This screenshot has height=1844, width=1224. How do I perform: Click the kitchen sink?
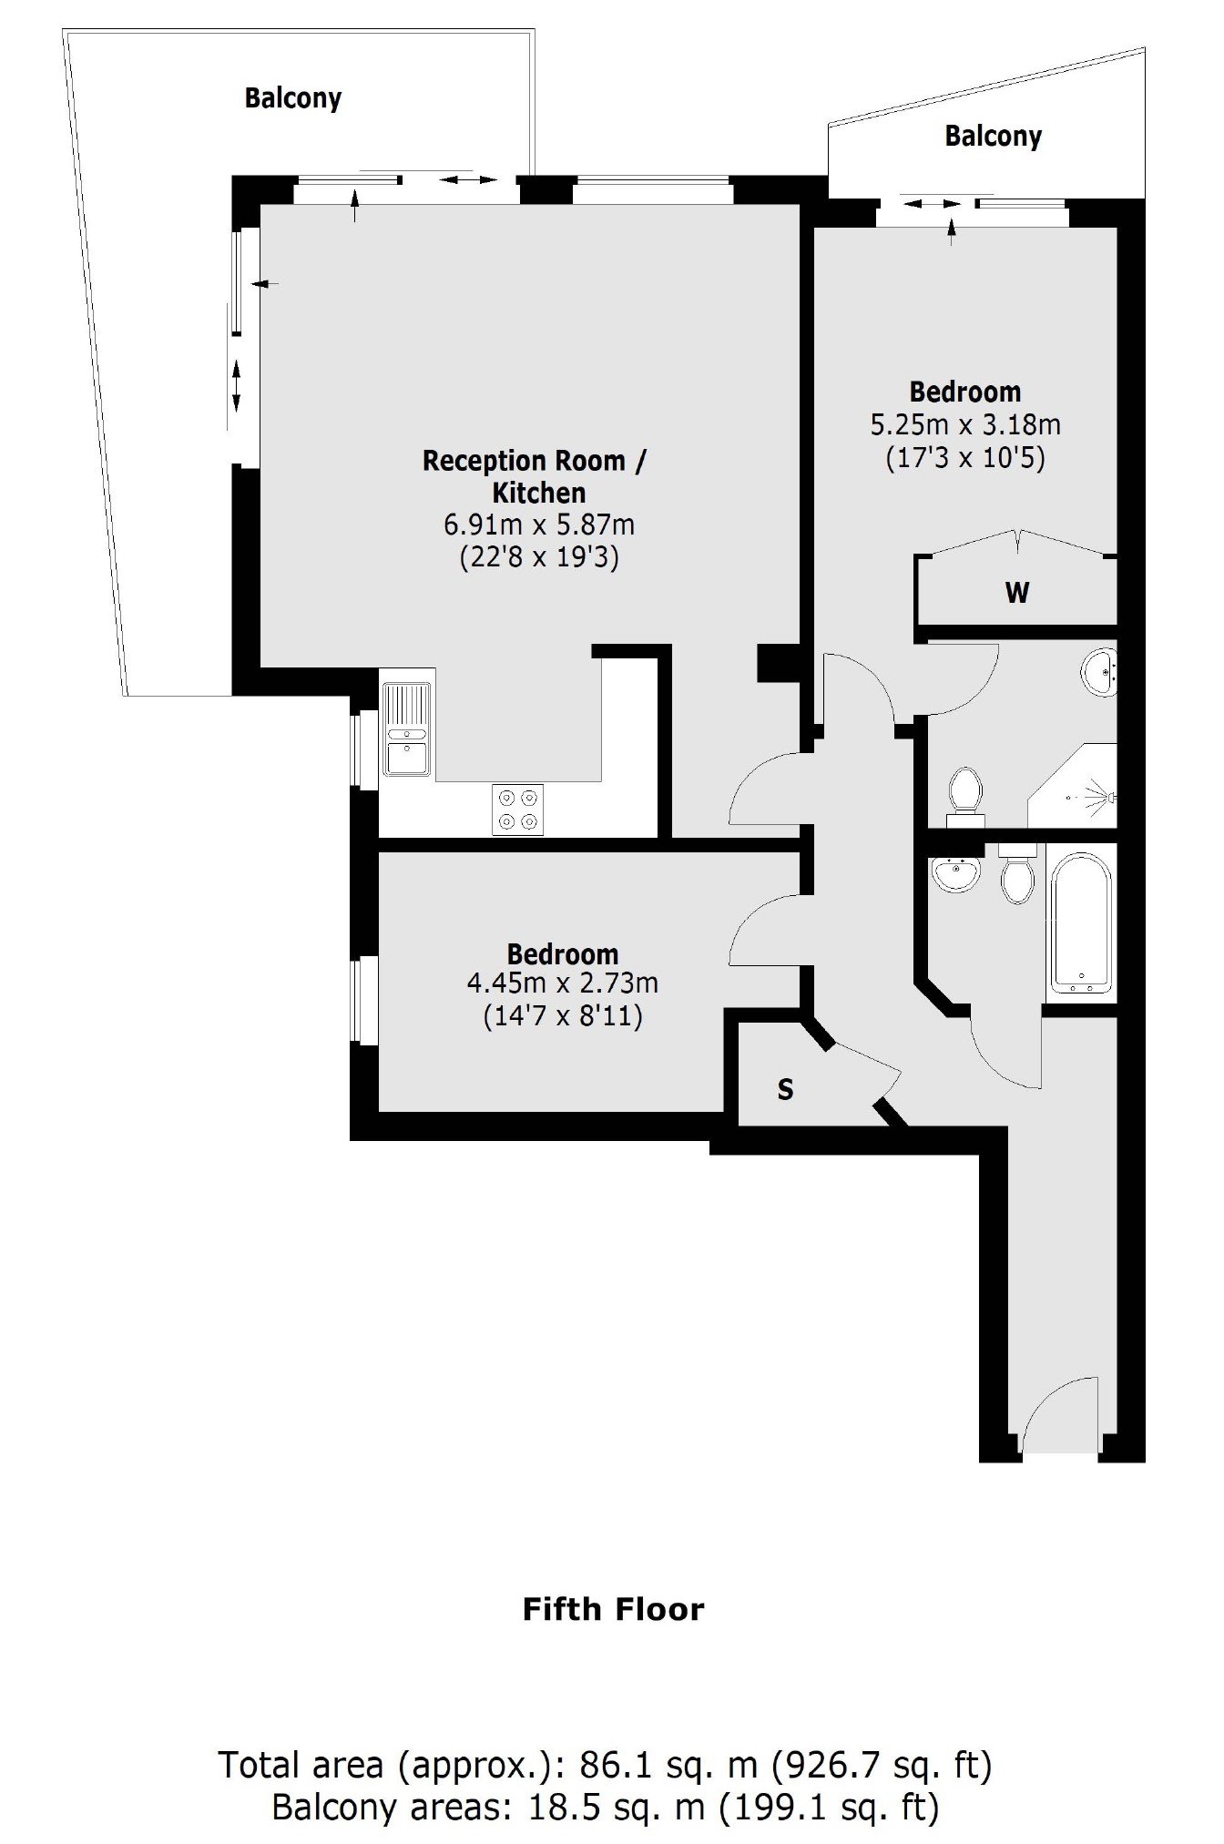click(407, 728)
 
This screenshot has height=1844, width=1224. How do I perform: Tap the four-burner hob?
click(517, 809)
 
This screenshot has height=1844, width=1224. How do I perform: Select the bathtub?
click(1081, 923)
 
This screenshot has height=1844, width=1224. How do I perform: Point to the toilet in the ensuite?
click(965, 794)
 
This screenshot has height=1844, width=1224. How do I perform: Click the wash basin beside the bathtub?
click(955, 874)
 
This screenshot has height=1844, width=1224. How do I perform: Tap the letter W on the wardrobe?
click(1017, 593)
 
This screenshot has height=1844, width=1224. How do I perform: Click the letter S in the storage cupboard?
click(785, 1089)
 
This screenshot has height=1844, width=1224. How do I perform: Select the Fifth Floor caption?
click(614, 1609)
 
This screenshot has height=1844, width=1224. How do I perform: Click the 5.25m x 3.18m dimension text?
click(965, 424)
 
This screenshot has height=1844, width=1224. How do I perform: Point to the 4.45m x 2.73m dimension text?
click(562, 983)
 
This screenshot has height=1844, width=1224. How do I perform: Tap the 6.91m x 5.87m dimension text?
click(539, 525)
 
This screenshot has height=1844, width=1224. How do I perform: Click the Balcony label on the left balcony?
click(293, 98)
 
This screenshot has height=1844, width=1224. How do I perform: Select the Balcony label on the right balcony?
click(993, 137)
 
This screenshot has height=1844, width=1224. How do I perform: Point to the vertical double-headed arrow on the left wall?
click(237, 385)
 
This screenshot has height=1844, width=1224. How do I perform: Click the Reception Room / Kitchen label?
click(535, 476)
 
